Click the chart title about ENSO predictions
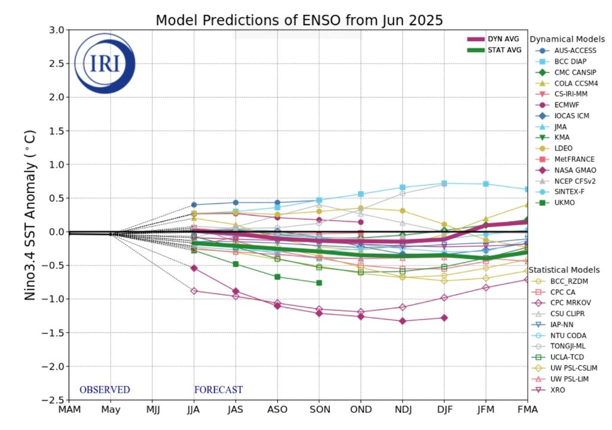299,20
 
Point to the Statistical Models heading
564,270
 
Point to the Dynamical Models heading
567,39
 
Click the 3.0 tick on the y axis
56,30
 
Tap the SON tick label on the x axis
319,410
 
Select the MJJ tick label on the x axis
152,410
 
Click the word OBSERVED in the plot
105,390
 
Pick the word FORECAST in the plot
218,390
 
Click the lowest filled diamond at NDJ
402,321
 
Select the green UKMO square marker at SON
319,282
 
